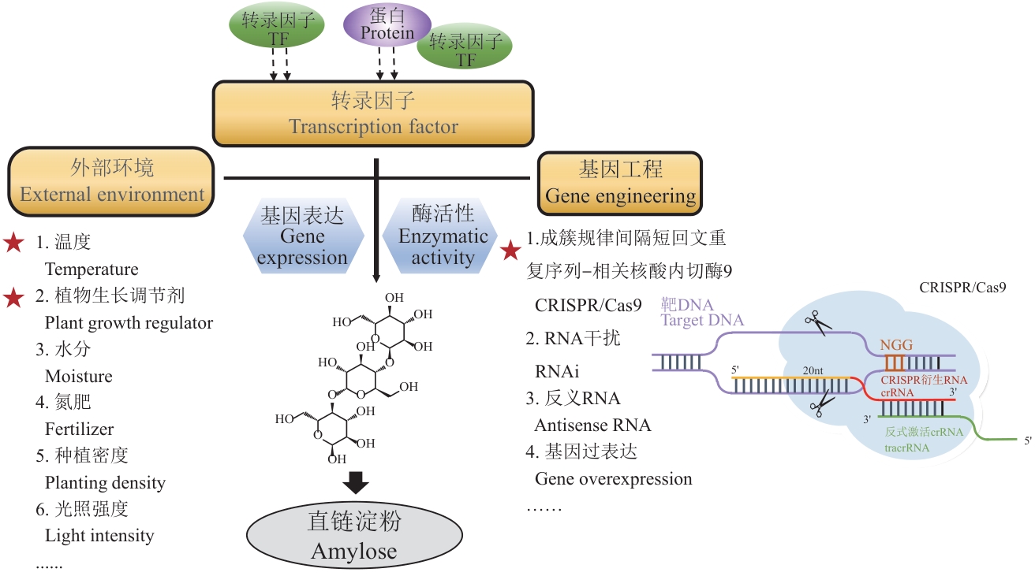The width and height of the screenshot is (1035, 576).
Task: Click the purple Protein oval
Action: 387,24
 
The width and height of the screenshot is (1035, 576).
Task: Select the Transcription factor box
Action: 373,113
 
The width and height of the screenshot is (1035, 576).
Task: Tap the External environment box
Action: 112,182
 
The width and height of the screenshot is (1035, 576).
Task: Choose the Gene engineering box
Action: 620,182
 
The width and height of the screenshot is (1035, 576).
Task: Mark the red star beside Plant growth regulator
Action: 14,297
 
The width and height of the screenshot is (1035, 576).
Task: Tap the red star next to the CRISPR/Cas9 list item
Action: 511,251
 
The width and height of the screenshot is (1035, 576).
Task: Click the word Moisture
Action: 79,376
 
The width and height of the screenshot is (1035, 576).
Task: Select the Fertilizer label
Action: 80,429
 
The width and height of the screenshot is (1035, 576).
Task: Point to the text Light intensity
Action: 99,536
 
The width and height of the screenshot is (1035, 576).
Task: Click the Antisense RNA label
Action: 592,425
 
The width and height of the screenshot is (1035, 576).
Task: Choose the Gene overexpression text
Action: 613,478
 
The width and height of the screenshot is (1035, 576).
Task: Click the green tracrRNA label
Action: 906,448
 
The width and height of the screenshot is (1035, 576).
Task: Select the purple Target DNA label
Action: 702,320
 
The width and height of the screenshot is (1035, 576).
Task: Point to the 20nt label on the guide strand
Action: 815,371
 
